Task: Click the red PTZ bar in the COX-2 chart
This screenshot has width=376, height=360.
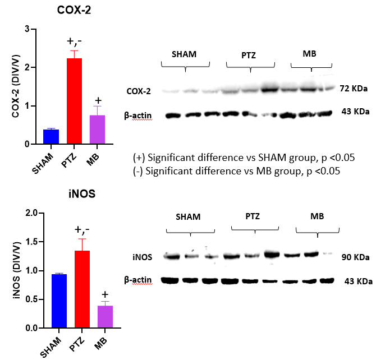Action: (74, 101)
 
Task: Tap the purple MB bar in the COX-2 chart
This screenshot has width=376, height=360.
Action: (98, 130)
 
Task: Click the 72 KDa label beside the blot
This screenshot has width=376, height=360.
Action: (355, 89)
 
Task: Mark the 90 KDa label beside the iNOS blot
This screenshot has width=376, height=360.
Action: (356, 258)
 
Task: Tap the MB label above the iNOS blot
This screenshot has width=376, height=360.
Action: (317, 216)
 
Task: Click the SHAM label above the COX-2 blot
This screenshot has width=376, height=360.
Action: (185, 54)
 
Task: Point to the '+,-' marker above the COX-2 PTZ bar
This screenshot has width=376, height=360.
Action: (75, 40)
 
